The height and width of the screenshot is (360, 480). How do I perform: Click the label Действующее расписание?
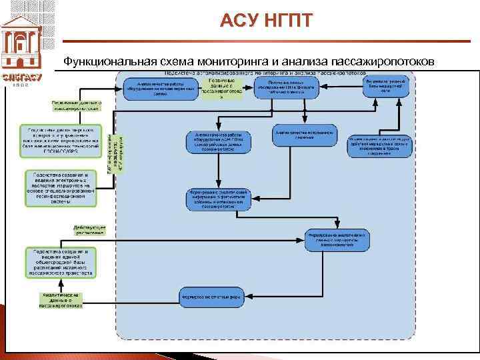coord(89,229)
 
